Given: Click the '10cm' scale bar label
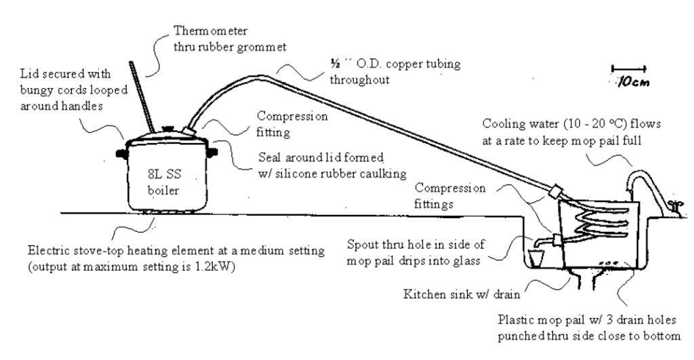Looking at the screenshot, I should [629, 81].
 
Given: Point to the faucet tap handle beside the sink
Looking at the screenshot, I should [674, 205].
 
